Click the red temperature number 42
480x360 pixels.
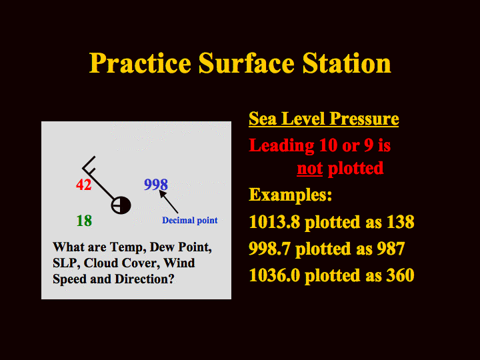pos(84,185)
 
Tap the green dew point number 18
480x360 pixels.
pos(84,221)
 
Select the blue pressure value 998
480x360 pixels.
pos(156,185)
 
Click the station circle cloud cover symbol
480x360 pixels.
pos(121,205)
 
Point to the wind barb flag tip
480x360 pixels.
pos(95,157)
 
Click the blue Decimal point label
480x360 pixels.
pos(190,220)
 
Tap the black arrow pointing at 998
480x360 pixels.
pos(169,202)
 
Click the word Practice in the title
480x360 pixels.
pos(140,63)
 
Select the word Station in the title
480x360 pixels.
pos(347,63)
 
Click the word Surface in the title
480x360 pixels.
pos(247,63)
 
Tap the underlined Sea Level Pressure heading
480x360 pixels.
pos(323,119)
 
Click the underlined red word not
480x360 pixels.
pos(310,169)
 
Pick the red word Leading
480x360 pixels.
pos(281,145)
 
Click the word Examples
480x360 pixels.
pos(290,195)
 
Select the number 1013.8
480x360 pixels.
pos(274,221)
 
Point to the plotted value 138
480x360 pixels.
pos(401,221)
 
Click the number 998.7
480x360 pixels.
pos(269,249)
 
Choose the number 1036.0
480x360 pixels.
pos(274,275)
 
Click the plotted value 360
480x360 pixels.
pos(401,275)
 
